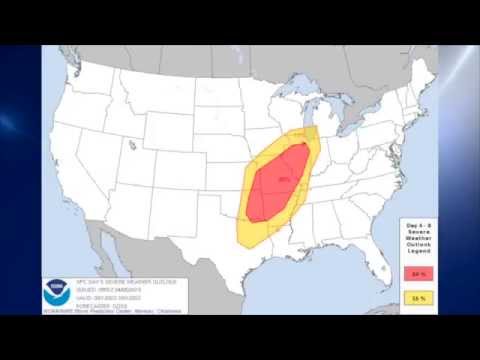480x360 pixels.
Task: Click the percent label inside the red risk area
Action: pos(284,180)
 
